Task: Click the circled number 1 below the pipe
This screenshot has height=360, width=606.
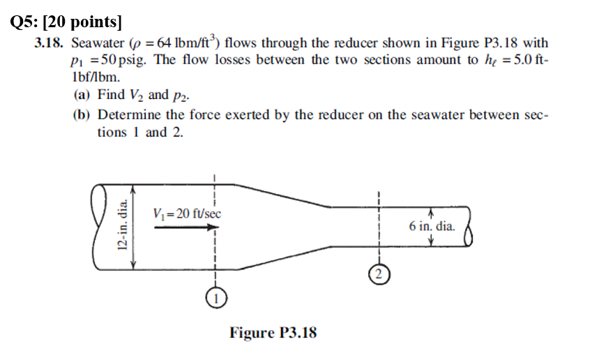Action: pyautogui.click(x=216, y=297)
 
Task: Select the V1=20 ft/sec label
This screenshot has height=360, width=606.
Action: pyautogui.click(x=186, y=213)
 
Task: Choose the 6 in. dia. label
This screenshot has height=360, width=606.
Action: pyautogui.click(x=432, y=226)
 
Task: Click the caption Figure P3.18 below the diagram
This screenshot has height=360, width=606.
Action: pyautogui.click(x=273, y=332)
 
